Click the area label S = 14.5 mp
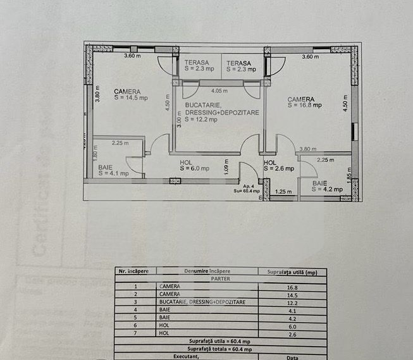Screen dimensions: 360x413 (x=131, y=98)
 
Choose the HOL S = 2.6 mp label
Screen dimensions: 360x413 (x=278, y=166)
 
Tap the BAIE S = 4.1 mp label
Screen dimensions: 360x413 (x=113, y=170)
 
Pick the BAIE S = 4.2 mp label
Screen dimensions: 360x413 (x=327, y=186)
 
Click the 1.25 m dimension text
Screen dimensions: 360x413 (x=284, y=192)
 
